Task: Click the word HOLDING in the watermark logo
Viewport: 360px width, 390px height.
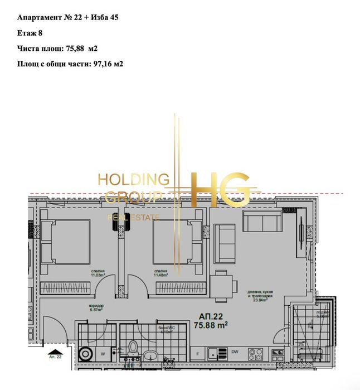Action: [133, 179]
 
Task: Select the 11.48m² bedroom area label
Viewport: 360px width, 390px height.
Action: [162, 273]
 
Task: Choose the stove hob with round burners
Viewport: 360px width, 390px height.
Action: [255, 353]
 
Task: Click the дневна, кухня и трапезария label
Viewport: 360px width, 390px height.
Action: [258, 294]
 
